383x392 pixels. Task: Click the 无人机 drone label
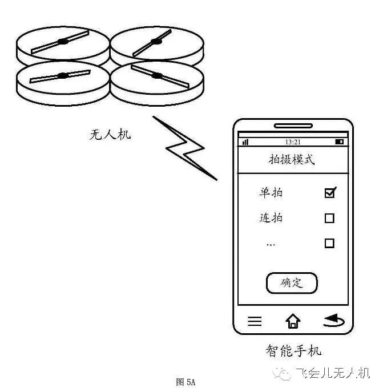[x=111, y=135]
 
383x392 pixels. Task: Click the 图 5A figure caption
[x=186, y=382]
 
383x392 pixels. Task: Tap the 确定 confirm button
[x=291, y=283]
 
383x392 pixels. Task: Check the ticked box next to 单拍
[x=329, y=193]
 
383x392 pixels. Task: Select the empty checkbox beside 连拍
[x=329, y=218]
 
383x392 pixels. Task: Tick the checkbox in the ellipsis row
[x=329, y=243]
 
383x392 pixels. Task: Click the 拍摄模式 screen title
[x=292, y=160]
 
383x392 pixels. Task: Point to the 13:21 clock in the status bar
[x=293, y=142]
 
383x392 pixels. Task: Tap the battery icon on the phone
[x=340, y=142]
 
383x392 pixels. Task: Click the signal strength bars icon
[x=245, y=142]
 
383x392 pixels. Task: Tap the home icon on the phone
[x=293, y=321]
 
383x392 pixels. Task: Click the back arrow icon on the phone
[x=333, y=321]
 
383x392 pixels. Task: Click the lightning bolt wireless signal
[x=185, y=148]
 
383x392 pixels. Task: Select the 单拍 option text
[x=271, y=193]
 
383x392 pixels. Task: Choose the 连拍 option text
[x=271, y=218]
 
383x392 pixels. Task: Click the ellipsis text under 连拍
[x=271, y=244]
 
